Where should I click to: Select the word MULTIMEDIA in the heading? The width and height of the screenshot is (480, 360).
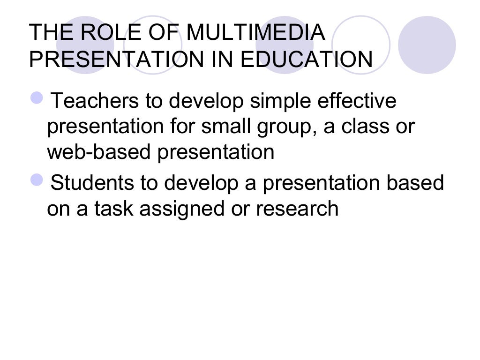pos(255,33)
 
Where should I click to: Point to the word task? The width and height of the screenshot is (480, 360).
pos(114,209)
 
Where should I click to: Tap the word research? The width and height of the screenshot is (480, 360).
pos(297,209)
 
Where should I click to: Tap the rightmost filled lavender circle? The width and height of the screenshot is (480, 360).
pos(427,45)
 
